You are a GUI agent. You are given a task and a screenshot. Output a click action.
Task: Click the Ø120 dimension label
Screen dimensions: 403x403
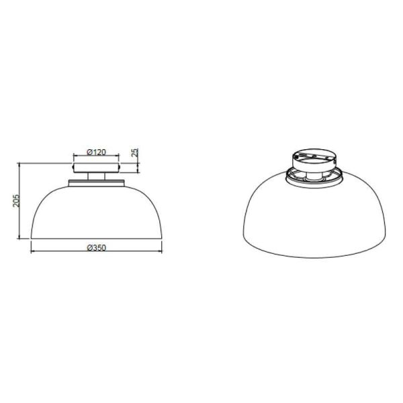(97, 152)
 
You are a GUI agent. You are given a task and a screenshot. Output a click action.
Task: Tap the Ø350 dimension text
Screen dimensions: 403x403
(97, 248)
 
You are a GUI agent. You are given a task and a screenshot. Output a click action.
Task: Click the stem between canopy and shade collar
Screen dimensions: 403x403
(97, 177)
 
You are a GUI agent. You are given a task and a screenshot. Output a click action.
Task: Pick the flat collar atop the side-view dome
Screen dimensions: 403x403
(97, 183)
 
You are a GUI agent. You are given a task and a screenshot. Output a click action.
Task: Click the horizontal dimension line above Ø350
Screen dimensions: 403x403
(97, 253)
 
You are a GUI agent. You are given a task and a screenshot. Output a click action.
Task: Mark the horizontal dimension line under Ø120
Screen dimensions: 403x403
(97, 156)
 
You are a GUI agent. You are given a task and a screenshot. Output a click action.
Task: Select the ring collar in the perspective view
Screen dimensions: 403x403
(314, 176)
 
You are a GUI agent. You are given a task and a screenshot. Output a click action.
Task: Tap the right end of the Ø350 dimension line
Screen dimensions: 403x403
(162, 253)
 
